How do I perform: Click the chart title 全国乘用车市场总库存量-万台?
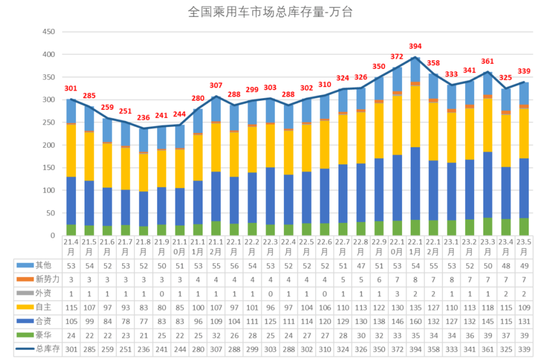click(x=270, y=12)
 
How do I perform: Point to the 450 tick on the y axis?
click(x=49, y=32)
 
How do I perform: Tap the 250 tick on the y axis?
click(x=49, y=122)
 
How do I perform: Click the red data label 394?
click(x=415, y=46)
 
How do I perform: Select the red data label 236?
click(x=143, y=117)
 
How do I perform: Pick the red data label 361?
click(x=487, y=61)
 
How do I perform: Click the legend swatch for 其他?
click(x=25, y=265)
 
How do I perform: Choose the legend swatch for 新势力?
click(x=25, y=279)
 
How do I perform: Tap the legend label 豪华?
click(x=43, y=335)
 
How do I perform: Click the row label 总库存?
click(x=48, y=349)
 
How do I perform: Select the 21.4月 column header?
click(x=71, y=247)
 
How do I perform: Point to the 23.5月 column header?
click(x=524, y=247)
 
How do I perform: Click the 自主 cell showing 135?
click(x=415, y=308)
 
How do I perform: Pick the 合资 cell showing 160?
click(x=415, y=321)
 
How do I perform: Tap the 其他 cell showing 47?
click(x=361, y=266)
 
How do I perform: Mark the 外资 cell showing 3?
click(x=397, y=294)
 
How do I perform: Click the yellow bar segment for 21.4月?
click(x=71, y=150)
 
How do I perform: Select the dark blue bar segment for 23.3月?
click(x=488, y=185)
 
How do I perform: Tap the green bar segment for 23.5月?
click(x=524, y=227)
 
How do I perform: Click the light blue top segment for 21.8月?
click(x=143, y=140)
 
